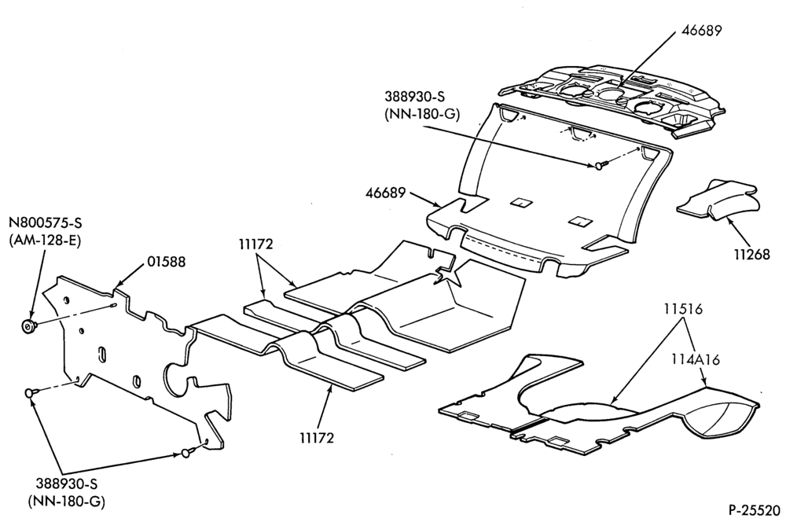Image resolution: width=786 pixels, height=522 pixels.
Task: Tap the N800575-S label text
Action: pyautogui.click(x=45, y=222)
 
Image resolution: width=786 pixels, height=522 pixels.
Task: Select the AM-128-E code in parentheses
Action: pyautogui.click(x=45, y=240)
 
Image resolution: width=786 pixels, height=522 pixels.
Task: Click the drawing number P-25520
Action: pyautogui.click(x=755, y=510)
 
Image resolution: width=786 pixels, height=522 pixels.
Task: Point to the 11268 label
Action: pyautogui.click(x=752, y=254)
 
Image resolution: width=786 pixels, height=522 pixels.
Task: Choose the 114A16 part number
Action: pyautogui.click(x=696, y=359)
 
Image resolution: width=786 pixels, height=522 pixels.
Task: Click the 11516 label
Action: pyautogui.click(x=684, y=309)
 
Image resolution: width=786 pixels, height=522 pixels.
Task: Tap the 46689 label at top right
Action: pyautogui.click(x=701, y=31)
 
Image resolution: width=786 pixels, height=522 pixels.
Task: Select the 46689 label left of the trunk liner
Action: pyautogui.click(x=385, y=193)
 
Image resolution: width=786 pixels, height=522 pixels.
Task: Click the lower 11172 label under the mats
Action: pyautogui.click(x=317, y=438)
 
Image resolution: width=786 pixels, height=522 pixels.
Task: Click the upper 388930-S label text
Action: pyautogui.click(x=415, y=96)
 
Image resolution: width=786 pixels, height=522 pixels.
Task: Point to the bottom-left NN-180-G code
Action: pyautogui.click(x=67, y=502)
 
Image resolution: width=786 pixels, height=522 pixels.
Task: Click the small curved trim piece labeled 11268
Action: pyautogui.click(x=717, y=198)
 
